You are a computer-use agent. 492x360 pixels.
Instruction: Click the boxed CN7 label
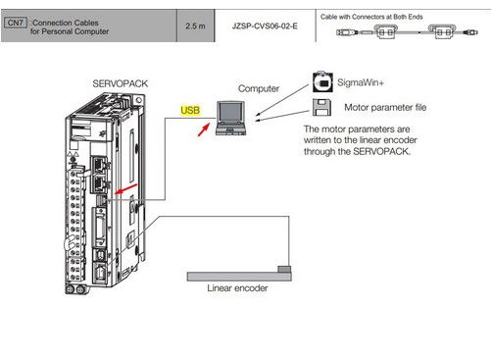16,23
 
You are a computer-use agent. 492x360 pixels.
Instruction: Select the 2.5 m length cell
195,26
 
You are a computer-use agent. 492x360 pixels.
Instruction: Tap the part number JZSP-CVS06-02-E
265,26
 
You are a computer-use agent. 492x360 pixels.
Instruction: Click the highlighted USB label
190,110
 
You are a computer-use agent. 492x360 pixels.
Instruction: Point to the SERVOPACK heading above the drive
120,83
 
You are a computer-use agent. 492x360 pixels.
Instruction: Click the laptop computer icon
230,118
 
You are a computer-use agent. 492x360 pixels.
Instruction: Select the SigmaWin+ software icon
322,81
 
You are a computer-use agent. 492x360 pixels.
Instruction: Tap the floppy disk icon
321,107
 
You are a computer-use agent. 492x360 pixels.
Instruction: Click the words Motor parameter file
385,107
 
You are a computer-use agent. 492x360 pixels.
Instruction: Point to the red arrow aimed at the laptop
204,129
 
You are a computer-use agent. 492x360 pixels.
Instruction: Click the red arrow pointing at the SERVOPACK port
125,188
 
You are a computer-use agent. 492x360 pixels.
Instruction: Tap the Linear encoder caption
237,288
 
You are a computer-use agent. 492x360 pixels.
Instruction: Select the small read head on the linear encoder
284,269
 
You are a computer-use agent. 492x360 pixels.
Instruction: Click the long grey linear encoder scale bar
239,277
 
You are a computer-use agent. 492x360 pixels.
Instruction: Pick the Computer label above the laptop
259,88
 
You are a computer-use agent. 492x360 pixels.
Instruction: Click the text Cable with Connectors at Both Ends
371,17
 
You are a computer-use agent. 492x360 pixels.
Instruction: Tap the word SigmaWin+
361,82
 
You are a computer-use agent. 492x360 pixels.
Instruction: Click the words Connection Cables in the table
66,23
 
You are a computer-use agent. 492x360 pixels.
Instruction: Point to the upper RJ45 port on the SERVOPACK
99,166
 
